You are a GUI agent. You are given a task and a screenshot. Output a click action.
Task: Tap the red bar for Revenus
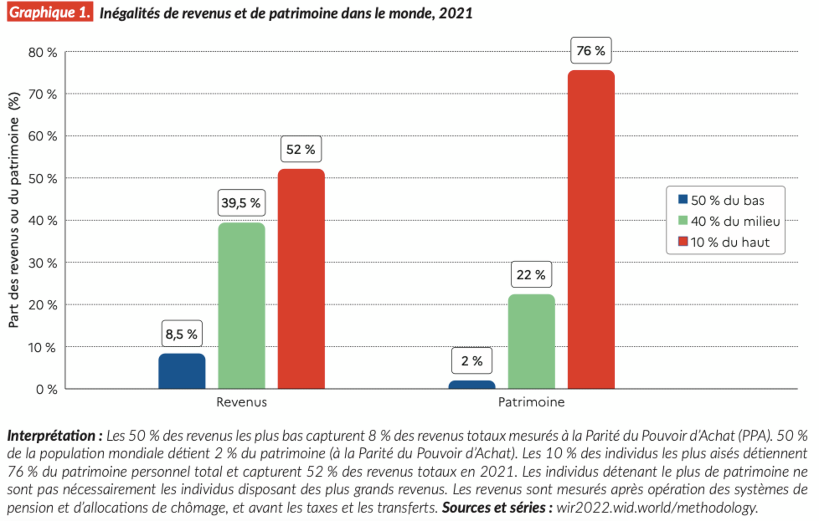[x=301, y=279]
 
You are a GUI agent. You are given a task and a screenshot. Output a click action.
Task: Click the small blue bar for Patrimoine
[x=472, y=385]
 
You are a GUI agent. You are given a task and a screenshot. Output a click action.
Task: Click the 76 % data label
[x=591, y=51]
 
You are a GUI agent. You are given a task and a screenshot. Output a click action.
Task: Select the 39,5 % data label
[x=241, y=203]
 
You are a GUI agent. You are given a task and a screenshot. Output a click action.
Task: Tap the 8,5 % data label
[x=182, y=334]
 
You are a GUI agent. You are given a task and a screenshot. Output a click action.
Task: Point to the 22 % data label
[x=531, y=275]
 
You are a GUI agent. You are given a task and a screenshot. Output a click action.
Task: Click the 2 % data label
[x=472, y=361]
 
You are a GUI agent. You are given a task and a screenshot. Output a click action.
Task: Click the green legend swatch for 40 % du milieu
[x=683, y=221]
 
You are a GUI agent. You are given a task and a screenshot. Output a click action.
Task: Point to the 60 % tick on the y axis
[x=43, y=136]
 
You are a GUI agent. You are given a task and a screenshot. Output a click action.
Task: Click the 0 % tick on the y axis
[x=47, y=389]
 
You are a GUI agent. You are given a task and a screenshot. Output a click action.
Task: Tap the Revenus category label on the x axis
[x=241, y=402]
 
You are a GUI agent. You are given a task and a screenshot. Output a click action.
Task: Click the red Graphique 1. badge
[x=50, y=12]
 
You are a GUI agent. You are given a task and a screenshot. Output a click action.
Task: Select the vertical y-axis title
[x=14, y=210]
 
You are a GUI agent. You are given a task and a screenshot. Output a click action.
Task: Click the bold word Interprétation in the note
[x=51, y=435]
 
